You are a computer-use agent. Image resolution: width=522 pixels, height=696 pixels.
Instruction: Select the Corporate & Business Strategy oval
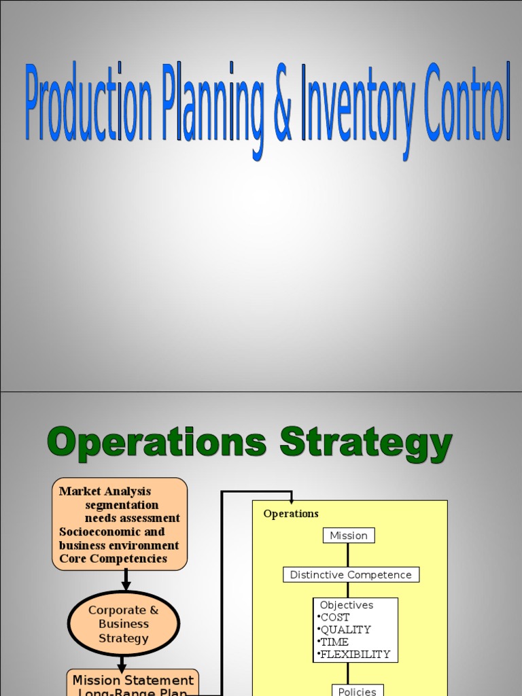(x=124, y=624)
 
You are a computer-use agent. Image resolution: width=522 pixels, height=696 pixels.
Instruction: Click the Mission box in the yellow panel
(x=349, y=536)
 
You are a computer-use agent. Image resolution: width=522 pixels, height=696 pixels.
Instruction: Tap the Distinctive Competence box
(x=351, y=575)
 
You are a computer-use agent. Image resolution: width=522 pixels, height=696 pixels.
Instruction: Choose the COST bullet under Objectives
(x=335, y=617)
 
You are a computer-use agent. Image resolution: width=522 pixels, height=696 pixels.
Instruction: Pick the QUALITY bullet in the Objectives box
(x=345, y=629)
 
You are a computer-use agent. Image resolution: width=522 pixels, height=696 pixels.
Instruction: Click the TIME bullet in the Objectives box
(x=334, y=642)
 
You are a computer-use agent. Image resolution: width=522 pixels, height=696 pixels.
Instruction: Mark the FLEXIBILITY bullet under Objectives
(x=355, y=654)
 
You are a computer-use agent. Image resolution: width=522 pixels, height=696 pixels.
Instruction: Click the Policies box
(x=358, y=691)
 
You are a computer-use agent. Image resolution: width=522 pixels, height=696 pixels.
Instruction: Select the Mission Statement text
(x=133, y=680)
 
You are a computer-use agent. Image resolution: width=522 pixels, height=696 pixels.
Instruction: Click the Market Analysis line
(x=105, y=491)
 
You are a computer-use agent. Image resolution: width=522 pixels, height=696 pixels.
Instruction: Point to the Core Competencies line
(x=113, y=559)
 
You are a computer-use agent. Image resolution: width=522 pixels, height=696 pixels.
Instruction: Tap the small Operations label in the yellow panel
(x=291, y=514)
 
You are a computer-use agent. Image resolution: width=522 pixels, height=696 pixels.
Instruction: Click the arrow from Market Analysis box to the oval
(x=125, y=580)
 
